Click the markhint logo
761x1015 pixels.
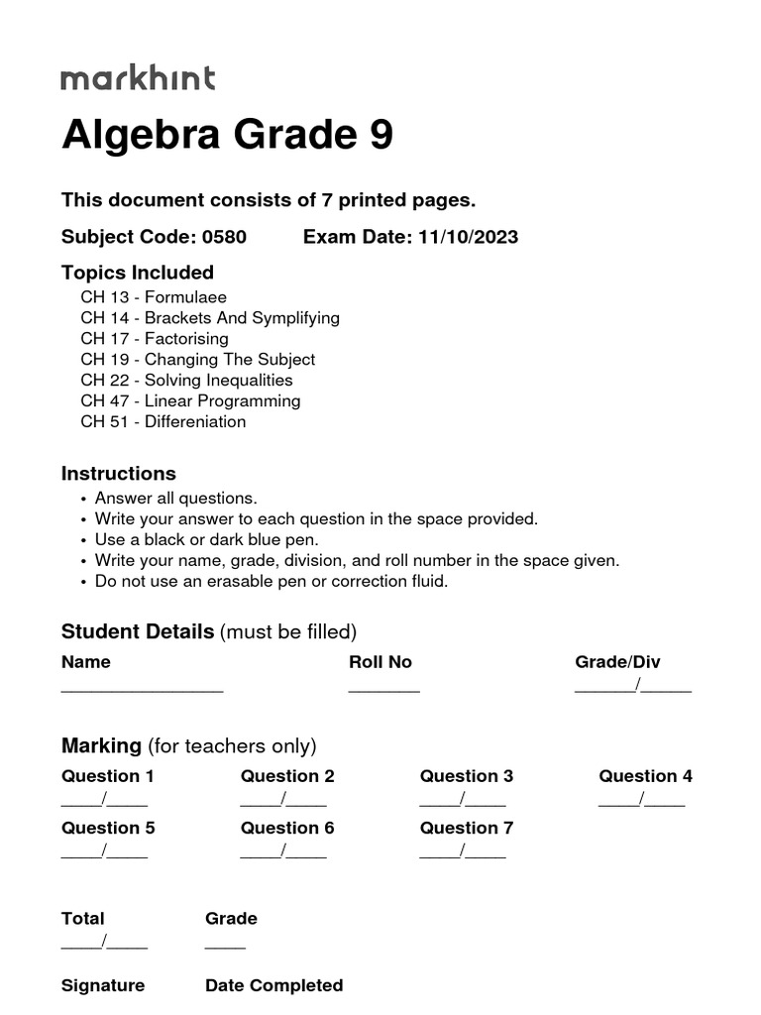pos(138,78)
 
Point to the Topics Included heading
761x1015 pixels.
pos(138,273)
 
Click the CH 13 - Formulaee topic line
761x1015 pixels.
pos(154,297)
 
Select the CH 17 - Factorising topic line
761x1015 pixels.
pos(155,339)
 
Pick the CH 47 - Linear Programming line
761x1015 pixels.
pos(190,400)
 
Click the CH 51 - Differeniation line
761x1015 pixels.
pos(163,421)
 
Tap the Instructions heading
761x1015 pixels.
pos(119,474)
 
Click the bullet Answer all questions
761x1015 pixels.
pos(175,499)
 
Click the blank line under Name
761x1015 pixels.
pos(143,687)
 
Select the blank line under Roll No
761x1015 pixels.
pos(384,687)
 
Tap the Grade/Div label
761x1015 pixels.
pos(617,662)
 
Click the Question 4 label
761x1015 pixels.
pos(645,776)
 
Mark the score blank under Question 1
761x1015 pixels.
pos(105,801)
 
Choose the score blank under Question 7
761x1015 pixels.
pos(463,852)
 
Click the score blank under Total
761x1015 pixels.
pos(105,944)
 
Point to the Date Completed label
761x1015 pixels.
pos(273,985)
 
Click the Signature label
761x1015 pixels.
pos(103,985)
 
